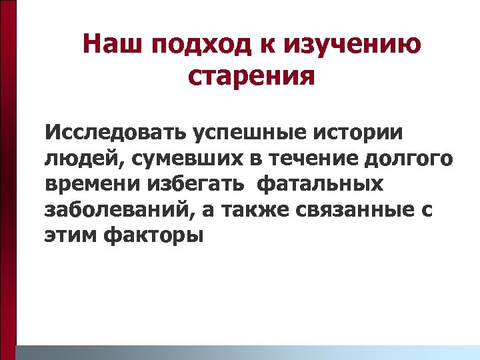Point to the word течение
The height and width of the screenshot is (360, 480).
pos(297,159)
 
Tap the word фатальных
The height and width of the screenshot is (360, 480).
pos(319,185)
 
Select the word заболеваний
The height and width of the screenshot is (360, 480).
pos(109,211)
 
